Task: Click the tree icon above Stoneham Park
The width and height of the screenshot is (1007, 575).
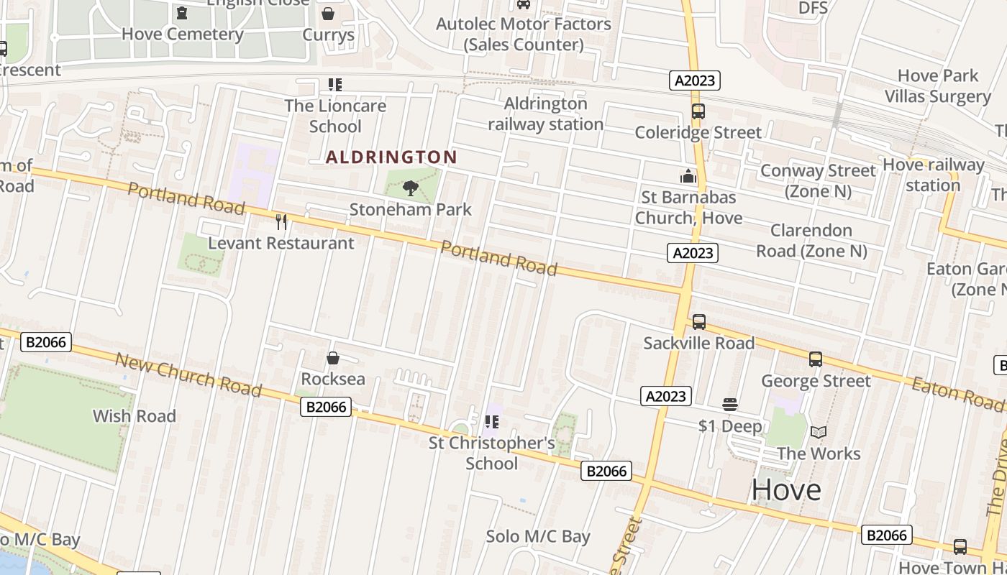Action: click(411, 188)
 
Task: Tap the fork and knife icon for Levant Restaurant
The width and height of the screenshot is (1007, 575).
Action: click(281, 221)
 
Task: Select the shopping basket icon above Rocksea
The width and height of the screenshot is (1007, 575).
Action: click(333, 358)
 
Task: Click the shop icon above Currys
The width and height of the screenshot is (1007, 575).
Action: click(328, 14)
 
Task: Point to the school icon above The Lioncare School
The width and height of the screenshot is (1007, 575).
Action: click(334, 85)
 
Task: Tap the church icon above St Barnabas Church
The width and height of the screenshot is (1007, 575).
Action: click(688, 176)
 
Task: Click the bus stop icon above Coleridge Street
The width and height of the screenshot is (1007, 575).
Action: click(698, 111)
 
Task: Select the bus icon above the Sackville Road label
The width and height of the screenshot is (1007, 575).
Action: click(698, 322)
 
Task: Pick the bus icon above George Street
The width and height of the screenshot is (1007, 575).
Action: click(815, 359)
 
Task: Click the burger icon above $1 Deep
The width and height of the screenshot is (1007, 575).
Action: click(730, 405)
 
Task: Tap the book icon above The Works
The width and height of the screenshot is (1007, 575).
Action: click(819, 432)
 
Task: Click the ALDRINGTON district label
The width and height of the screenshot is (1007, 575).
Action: click(391, 157)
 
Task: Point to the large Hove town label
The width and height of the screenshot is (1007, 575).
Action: click(786, 490)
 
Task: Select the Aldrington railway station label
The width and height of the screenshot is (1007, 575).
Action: click(546, 114)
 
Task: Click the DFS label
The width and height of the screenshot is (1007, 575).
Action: click(814, 9)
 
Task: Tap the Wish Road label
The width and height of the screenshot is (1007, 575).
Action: click(135, 415)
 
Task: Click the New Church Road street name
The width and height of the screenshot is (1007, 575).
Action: click(188, 374)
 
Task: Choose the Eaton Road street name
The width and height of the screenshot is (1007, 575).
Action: click(957, 392)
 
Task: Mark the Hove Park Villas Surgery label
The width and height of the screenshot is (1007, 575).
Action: click(938, 86)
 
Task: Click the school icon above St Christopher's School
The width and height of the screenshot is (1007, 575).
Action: click(492, 421)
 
